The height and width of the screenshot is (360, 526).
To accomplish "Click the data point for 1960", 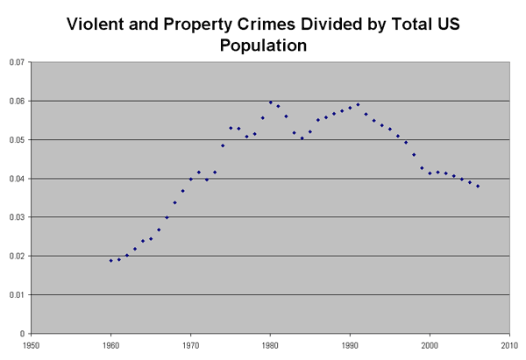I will coord(110,260).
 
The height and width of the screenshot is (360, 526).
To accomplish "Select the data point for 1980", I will coord(270,102).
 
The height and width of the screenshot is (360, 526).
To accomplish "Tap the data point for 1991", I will coord(358,104).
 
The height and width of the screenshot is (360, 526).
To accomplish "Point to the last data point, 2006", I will coord(478,186).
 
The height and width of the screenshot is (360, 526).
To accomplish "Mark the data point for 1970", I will coord(190,179).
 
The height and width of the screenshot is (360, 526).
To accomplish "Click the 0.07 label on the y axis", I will coord(16,62).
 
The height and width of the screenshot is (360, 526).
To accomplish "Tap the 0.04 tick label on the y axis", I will coord(16,179).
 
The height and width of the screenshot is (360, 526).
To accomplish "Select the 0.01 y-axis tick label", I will coord(16,294).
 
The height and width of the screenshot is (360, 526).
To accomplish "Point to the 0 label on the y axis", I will coord(22,333).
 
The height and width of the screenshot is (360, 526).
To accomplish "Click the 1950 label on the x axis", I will coord(31,345).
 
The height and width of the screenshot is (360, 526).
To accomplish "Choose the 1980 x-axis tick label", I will coord(270,345).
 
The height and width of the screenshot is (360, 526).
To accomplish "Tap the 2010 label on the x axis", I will coord(509,345).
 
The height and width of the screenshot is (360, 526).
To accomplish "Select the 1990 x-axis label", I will coord(350,345).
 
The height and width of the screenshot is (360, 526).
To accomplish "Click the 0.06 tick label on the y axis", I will coord(16,101).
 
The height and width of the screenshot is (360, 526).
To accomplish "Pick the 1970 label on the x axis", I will coord(190,345).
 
